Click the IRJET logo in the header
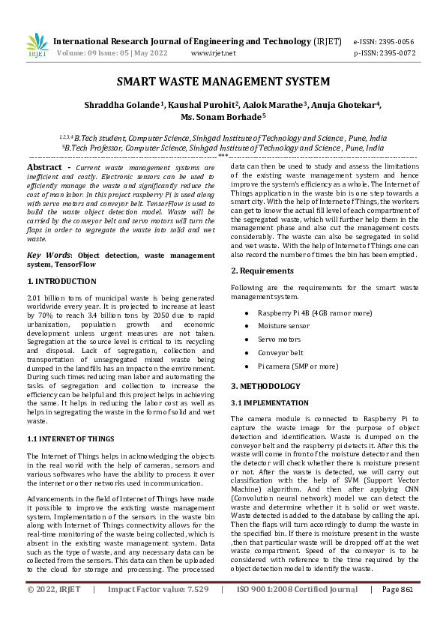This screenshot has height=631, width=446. coord(37,46)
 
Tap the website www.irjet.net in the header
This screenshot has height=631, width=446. coord(213,53)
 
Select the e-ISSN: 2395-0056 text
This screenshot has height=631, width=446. coord(384,42)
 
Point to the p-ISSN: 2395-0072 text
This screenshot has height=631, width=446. coord(384,53)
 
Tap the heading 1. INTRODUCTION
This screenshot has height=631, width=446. coord(61,281)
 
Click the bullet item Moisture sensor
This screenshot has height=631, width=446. coord(283,327)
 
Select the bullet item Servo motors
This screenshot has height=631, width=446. coord(279,339)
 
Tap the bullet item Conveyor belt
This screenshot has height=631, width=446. coord(280,352)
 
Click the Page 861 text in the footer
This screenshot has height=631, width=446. coord(397,611)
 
